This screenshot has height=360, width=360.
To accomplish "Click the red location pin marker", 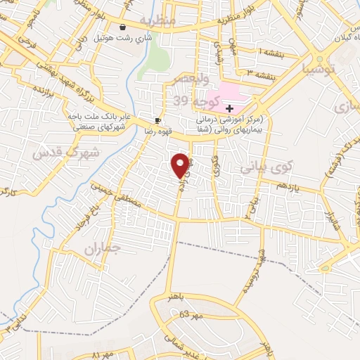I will click(x=181, y=165).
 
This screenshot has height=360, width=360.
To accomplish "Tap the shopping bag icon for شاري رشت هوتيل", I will click(x=124, y=27).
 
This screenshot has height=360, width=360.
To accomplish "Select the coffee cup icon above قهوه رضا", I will click(x=158, y=120).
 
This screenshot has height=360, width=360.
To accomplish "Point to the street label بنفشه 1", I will click(x=271, y=53).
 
